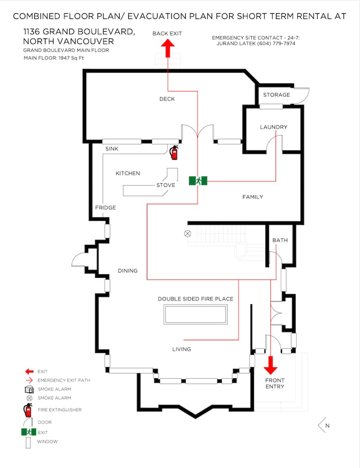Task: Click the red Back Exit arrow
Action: [168, 48]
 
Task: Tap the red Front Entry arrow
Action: [271, 365]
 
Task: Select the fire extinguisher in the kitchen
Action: [174, 152]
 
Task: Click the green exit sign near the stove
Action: [199, 181]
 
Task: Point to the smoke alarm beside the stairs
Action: [187, 234]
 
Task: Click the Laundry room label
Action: [274, 127]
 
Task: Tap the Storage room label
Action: [277, 95]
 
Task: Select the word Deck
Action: [167, 99]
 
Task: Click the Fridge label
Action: [105, 208]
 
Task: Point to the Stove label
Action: [166, 185]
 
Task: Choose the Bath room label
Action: [280, 240]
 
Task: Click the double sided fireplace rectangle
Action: [196, 314]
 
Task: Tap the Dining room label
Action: [128, 271]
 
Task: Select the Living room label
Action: [181, 349]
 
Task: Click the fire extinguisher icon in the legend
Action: [28, 410]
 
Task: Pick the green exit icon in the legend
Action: [29, 432]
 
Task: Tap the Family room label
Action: [253, 197]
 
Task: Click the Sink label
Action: [112, 148]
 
